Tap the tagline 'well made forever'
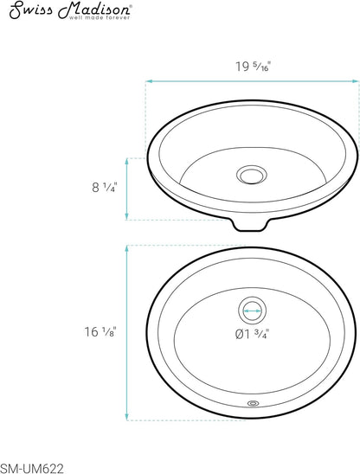tap(100, 17)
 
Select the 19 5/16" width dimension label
tap(253, 67)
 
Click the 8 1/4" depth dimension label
tap(105, 188)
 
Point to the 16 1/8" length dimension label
tap(100, 331)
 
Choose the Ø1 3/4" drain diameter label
tap(252, 334)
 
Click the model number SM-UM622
tap(32, 469)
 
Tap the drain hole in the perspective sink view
tap(252, 175)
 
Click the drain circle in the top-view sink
tap(252, 311)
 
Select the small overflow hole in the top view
tap(253, 403)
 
